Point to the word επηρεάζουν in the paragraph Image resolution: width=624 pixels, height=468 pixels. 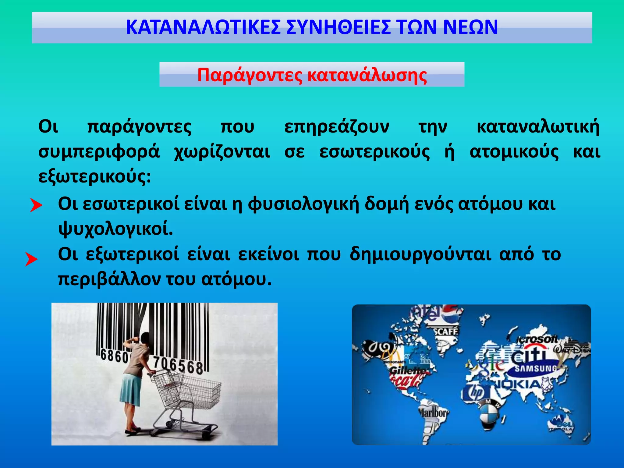click(x=337, y=127)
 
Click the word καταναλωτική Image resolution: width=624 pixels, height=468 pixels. click(x=538, y=127)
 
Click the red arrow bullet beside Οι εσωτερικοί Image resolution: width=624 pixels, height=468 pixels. click(x=36, y=205)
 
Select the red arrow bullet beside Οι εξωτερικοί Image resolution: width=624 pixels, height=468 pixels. click(x=31, y=259)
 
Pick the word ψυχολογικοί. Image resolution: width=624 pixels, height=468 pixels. click(x=116, y=229)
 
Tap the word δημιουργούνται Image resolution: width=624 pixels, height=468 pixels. click(x=420, y=254)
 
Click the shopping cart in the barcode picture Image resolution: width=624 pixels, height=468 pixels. click(x=186, y=396)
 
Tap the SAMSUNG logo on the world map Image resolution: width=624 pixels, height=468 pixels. click(x=535, y=369)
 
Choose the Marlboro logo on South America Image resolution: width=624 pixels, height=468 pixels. click(x=433, y=413)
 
